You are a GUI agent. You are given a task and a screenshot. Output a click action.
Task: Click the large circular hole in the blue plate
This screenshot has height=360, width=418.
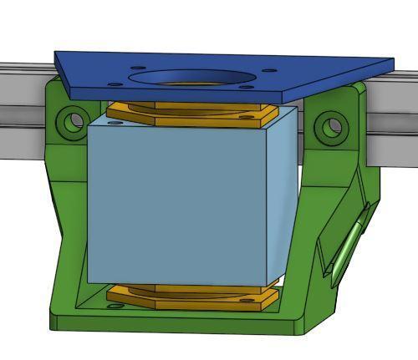pyautogui.click(x=191, y=77)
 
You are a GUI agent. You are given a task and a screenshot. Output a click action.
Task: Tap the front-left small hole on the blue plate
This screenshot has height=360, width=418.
pyautogui.click(x=112, y=83)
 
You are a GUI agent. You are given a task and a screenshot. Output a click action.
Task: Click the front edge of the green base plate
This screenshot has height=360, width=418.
pyautogui.click(x=176, y=322)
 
